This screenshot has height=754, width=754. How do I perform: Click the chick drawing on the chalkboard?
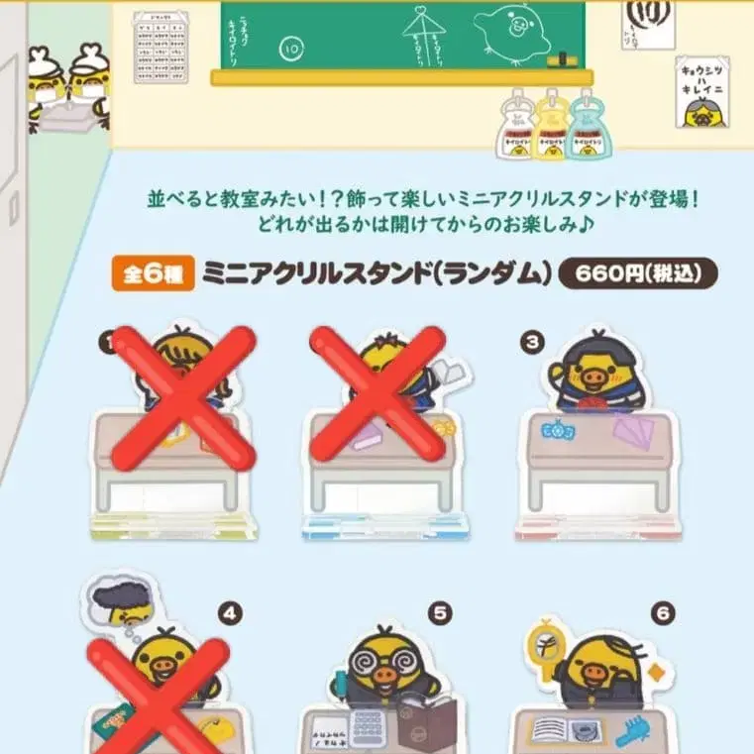512,30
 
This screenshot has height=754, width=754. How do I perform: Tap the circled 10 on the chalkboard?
291,47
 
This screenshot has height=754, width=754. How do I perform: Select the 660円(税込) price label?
637,274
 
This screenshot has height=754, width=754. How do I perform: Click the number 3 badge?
534,342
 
